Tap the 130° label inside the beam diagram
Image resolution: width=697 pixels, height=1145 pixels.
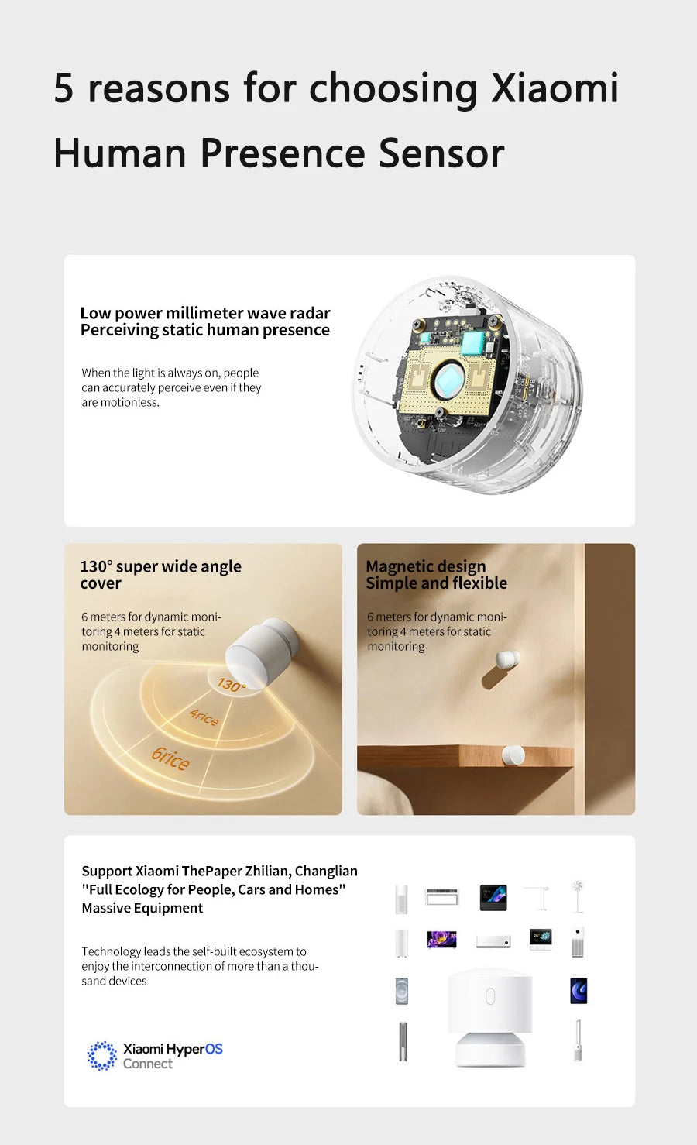coord(231,685)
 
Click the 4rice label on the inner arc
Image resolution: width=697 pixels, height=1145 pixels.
coord(204,717)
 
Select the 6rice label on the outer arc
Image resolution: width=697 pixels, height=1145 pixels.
coord(170,758)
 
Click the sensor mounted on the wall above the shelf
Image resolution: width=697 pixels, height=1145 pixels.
coord(507,661)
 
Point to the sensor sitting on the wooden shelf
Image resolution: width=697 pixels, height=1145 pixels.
coord(513,755)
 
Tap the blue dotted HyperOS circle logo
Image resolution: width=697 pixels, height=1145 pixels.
coord(101,1055)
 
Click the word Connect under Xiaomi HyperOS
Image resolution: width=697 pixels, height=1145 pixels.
coord(147,1064)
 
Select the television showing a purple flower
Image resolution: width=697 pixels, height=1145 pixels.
coord(441,940)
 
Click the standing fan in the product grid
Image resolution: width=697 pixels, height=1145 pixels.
coord(577,896)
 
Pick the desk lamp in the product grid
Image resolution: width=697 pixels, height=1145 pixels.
coord(541,897)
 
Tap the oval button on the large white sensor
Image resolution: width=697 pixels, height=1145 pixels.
coord(490,996)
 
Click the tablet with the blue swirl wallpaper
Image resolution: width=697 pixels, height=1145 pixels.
coord(579,990)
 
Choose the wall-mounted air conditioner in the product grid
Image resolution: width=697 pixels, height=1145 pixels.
coord(493,942)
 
